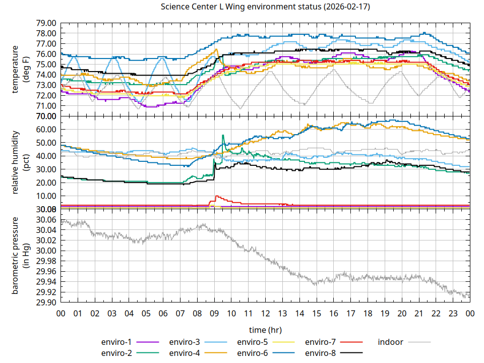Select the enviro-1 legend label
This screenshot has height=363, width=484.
[116, 342]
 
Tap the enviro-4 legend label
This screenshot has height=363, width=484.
[184, 353]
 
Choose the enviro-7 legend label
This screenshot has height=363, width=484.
[320, 342]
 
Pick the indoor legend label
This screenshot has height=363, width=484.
[391, 342]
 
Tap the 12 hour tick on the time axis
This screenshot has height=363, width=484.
[266, 313]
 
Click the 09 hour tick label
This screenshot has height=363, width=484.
[214, 313]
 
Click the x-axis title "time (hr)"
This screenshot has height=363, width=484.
[265, 330]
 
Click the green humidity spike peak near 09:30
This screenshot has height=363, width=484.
[223, 135]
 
